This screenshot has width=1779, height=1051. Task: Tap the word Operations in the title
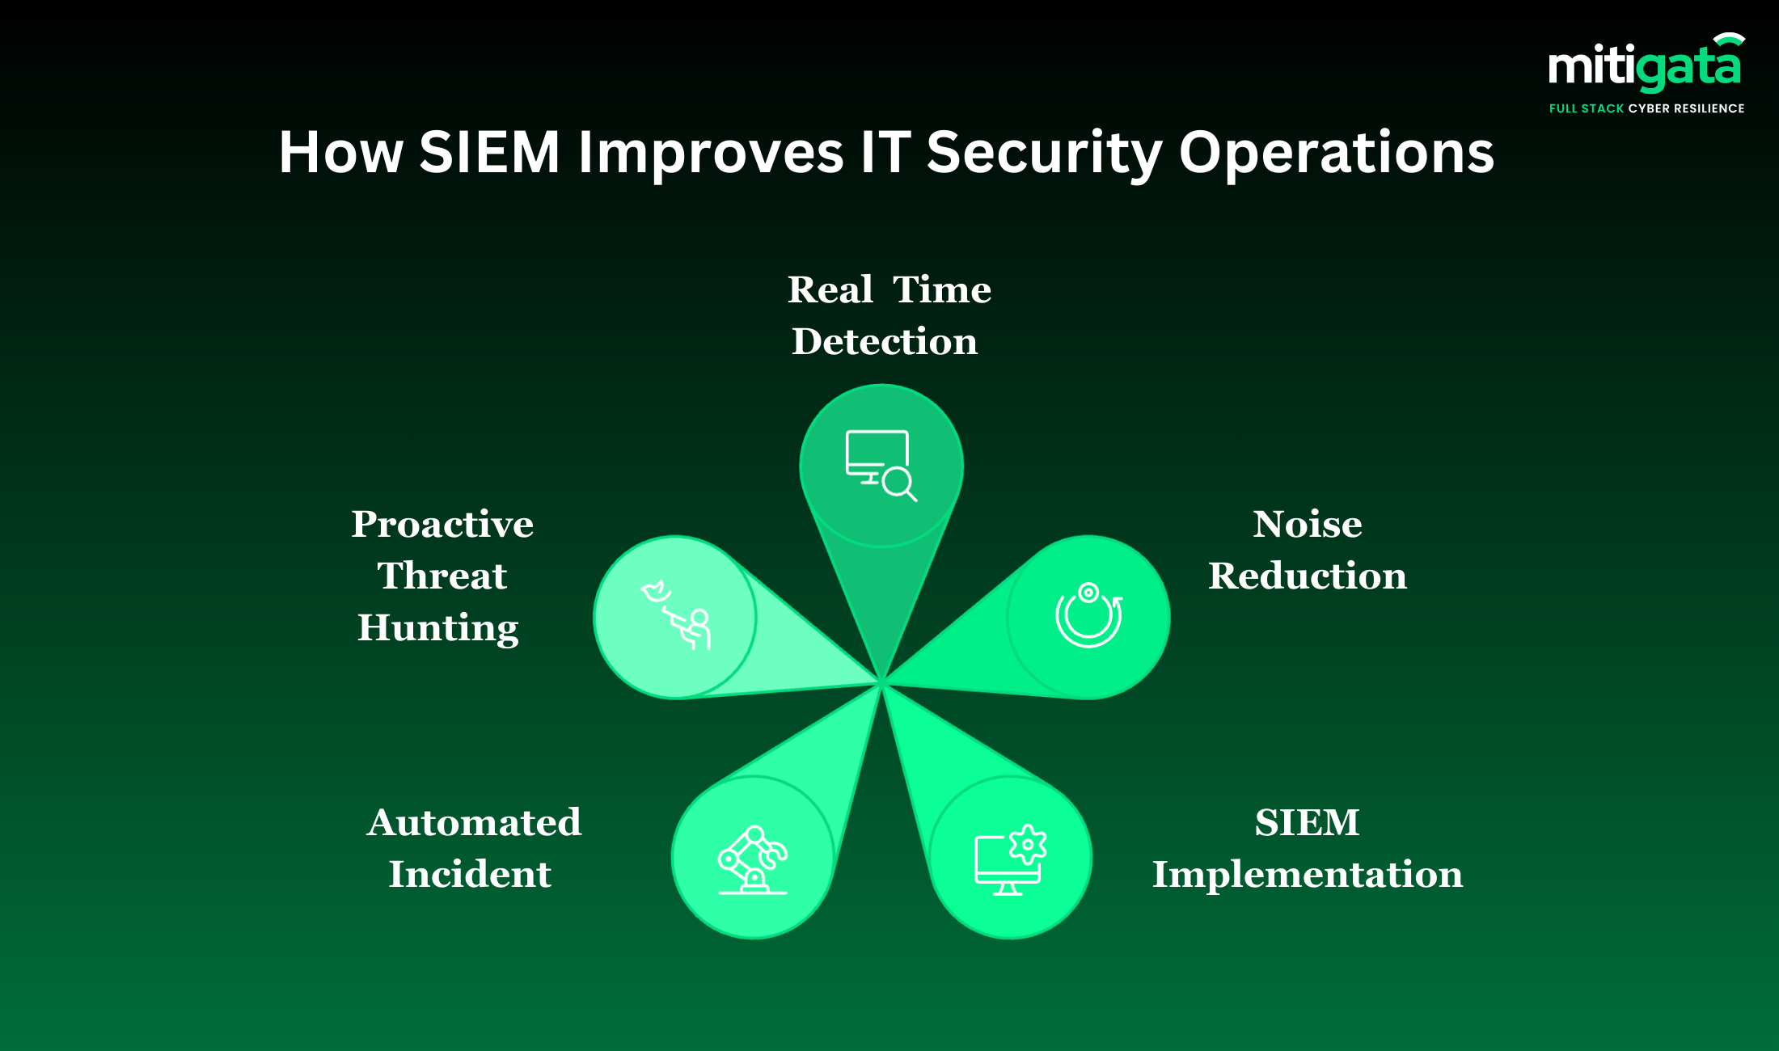(1337, 154)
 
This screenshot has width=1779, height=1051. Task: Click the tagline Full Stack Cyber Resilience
(1646, 108)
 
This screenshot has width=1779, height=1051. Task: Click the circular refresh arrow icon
(1088, 615)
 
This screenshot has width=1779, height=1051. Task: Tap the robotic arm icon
(753, 859)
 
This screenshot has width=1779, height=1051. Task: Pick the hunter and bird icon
(676, 614)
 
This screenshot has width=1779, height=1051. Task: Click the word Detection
(885, 341)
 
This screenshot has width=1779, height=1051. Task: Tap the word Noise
(1308, 524)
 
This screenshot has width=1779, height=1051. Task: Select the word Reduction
(1308, 576)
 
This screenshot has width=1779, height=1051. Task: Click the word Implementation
(1308, 875)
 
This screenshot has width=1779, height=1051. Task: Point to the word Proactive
(442, 524)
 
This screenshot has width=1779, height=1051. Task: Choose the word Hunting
(438, 628)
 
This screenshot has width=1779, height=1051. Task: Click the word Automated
(474, 823)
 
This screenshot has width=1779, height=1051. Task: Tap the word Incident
(470, 874)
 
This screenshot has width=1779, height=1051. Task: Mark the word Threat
(442, 576)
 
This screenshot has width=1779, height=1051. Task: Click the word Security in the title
(1044, 154)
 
